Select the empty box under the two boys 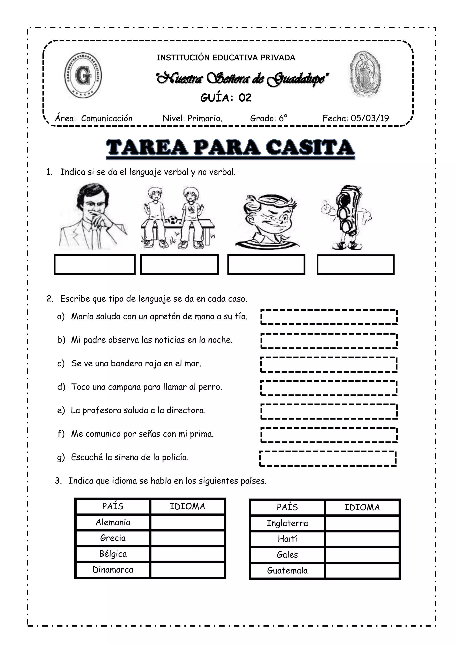pos(179,264)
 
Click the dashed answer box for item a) pos(329,317)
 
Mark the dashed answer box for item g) pos(328,458)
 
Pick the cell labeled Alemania pos(113,522)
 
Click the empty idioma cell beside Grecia pos(187,538)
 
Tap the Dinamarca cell pos(113,569)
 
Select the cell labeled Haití pos(287,539)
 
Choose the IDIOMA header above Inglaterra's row pos(362,507)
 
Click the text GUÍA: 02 pos(226,98)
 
